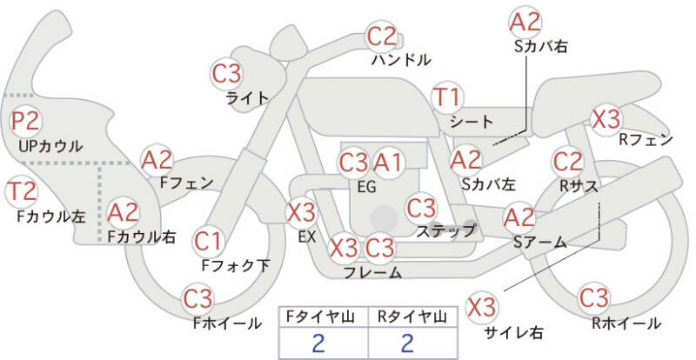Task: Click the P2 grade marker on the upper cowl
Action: click(x=26, y=121)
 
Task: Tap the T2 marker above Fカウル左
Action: click(x=21, y=192)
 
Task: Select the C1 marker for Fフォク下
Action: click(x=208, y=242)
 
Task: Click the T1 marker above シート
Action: click(x=447, y=97)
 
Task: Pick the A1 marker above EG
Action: click(x=387, y=163)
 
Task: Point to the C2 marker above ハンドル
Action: click(x=381, y=37)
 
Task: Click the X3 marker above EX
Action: click(x=301, y=213)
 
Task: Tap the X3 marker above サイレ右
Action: click(x=482, y=307)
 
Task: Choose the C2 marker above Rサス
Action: click(x=568, y=163)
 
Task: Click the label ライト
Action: click(x=248, y=97)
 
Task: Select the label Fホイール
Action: click(x=227, y=323)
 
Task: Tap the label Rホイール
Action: click(x=626, y=323)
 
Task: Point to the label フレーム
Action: click(x=373, y=272)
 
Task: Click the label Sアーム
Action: click(x=540, y=242)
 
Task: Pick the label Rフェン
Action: click(x=646, y=140)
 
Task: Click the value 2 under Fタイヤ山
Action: click(x=318, y=343)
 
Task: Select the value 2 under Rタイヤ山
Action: click(x=407, y=343)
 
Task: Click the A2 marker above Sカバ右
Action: click(x=525, y=22)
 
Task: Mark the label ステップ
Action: click(x=446, y=230)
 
